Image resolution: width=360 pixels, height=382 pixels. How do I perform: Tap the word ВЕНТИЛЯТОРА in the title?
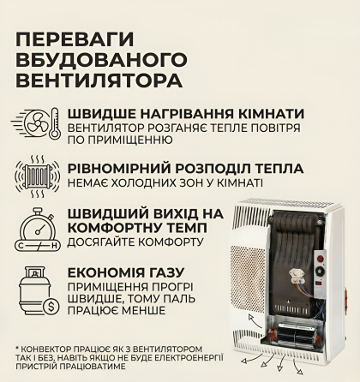coord(99,81)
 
